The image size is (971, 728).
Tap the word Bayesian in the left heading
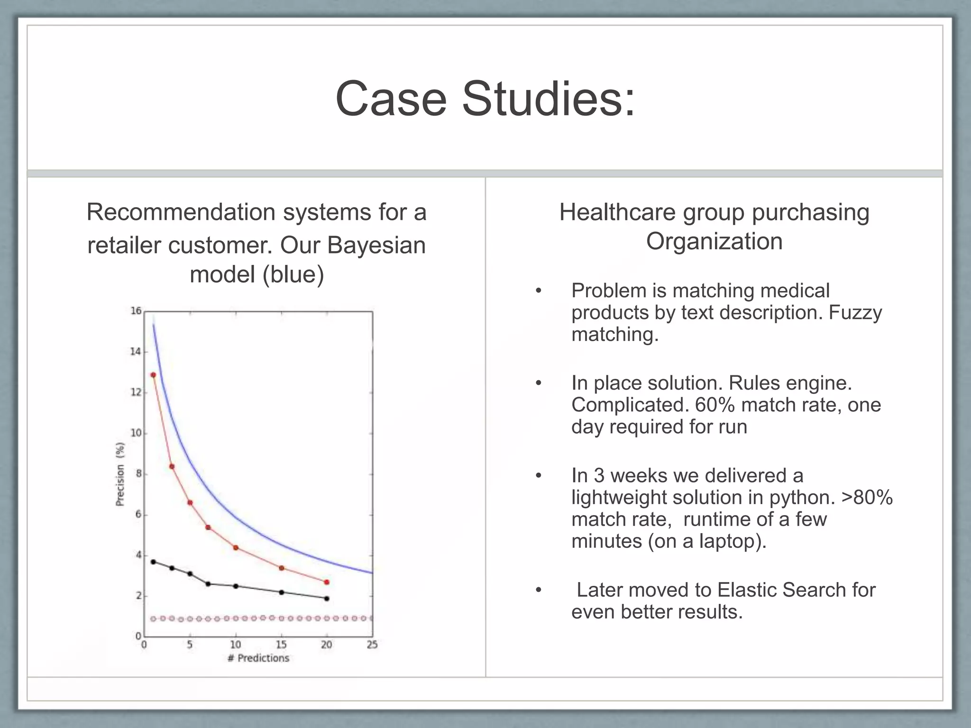pyautogui.click(x=376, y=246)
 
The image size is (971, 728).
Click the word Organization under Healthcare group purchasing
pyautogui.click(x=714, y=241)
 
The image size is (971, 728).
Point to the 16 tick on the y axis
pyautogui.click(x=136, y=311)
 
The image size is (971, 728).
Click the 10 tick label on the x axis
pyautogui.click(x=236, y=645)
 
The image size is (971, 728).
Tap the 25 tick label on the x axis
pyautogui.click(x=372, y=645)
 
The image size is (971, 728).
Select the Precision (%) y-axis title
pyautogui.click(x=120, y=474)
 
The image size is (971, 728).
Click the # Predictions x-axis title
pyautogui.click(x=258, y=658)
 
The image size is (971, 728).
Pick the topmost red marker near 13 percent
pyautogui.click(x=153, y=375)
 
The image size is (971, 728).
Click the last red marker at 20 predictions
pyautogui.click(x=326, y=582)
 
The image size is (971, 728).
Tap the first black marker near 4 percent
pyautogui.click(x=153, y=562)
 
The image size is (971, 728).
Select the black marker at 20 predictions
pyautogui.click(x=326, y=599)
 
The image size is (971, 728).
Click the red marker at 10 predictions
pyautogui.click(x=236, y=548)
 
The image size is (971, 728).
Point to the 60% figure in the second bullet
pyautogui.click(x=715, y=405)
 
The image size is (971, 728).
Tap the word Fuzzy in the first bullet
pyautogui.click(x=855, y=313)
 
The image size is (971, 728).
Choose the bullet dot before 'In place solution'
pyautogui.click(x=538, y=383)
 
